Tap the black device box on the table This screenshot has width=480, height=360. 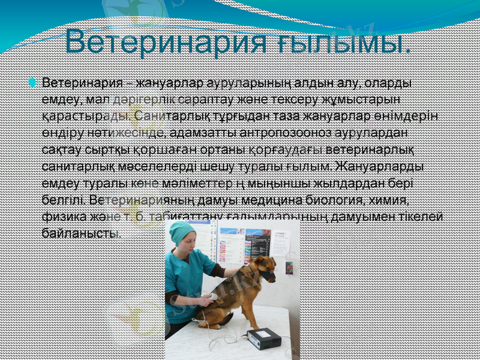[264, 338]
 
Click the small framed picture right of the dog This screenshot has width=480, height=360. [289, 268]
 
